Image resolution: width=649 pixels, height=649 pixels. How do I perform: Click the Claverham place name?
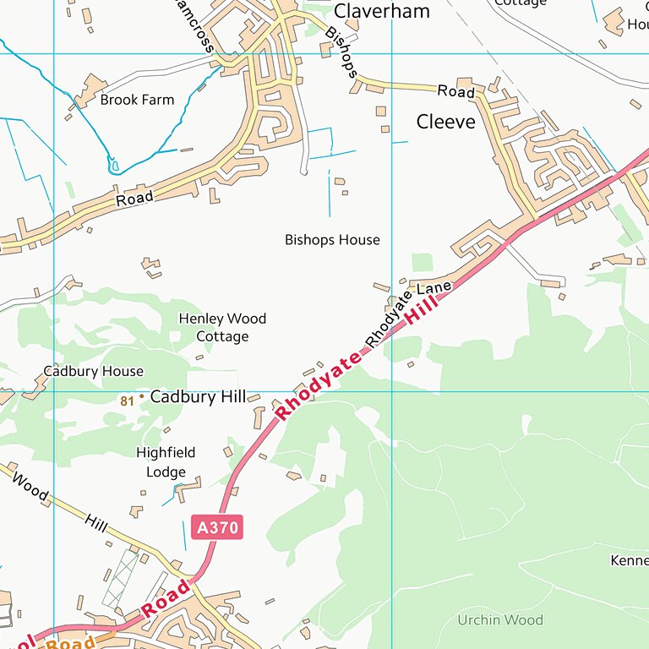(381, 11)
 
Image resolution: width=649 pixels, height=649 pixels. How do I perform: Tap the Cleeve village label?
(445, 122)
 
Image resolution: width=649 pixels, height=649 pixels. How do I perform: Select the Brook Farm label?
(137, 100)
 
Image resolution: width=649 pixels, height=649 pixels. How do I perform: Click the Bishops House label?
(332, 240)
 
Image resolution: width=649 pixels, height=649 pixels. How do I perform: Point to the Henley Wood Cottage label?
(222, 328)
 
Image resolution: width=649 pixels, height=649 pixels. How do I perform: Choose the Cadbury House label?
(94, 371)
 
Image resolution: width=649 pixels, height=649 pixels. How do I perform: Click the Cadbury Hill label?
(198, 397)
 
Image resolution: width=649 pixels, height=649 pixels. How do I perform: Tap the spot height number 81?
(127, 401)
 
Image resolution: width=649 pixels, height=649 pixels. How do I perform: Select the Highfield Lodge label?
(166, 462)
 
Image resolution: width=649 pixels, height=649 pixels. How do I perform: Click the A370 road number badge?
(217, 528)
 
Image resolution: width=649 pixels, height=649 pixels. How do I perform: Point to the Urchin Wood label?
(500, 620)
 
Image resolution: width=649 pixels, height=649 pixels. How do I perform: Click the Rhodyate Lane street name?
(410, 315)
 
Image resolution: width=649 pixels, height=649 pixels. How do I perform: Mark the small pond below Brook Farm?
(113, 164)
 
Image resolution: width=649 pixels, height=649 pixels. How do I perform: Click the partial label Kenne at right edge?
(629, 560)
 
